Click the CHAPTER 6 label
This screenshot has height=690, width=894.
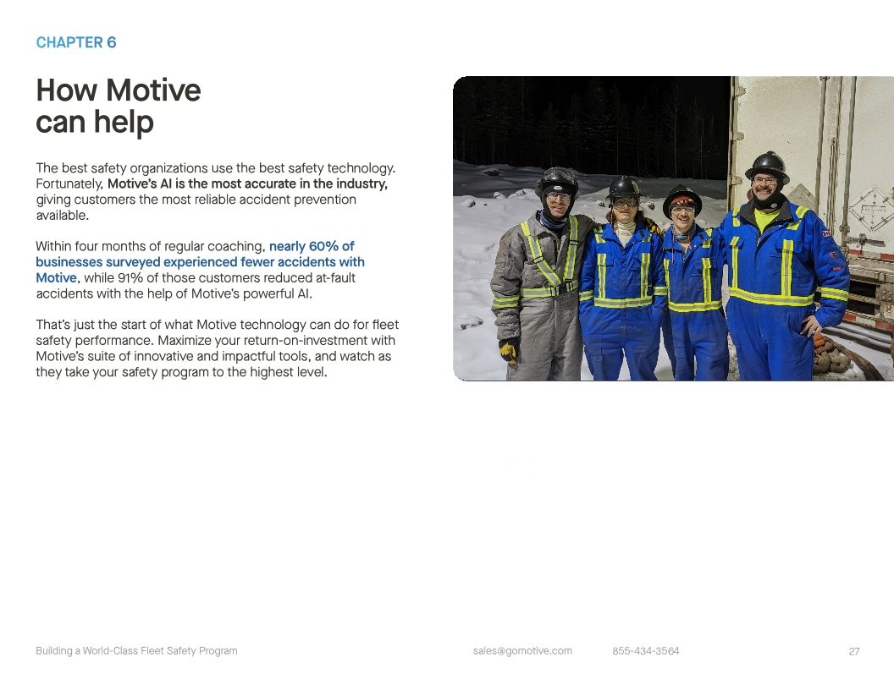tap(76, 43)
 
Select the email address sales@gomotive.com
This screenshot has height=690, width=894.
tap(522, 651)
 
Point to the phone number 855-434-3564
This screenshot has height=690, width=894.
tap(645, 651)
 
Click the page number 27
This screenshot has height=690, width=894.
tap(853, 651)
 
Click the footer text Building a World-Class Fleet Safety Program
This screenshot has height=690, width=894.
tap(136, 651)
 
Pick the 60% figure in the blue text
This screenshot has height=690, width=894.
tap(324, 247)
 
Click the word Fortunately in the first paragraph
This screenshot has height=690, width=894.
tap(69, 184)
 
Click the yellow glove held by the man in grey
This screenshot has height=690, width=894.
tap(509, 348)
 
